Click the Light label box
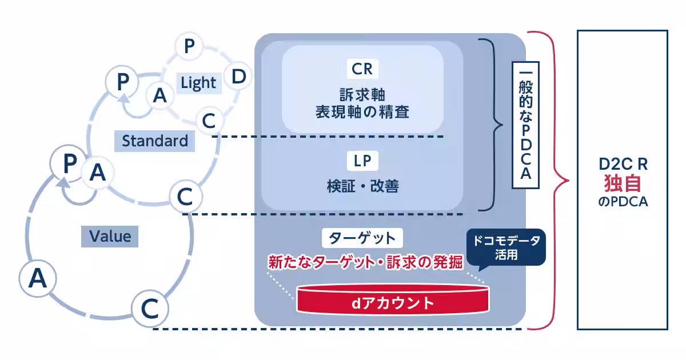point(198,83)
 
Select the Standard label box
point(154,141)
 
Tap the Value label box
point(110,236)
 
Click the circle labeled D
point(240,77)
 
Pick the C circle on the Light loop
point(209,121)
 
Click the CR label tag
point(362,70)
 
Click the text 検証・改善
point(362,186)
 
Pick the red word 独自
point(623,184)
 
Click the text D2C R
point(623,165)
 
